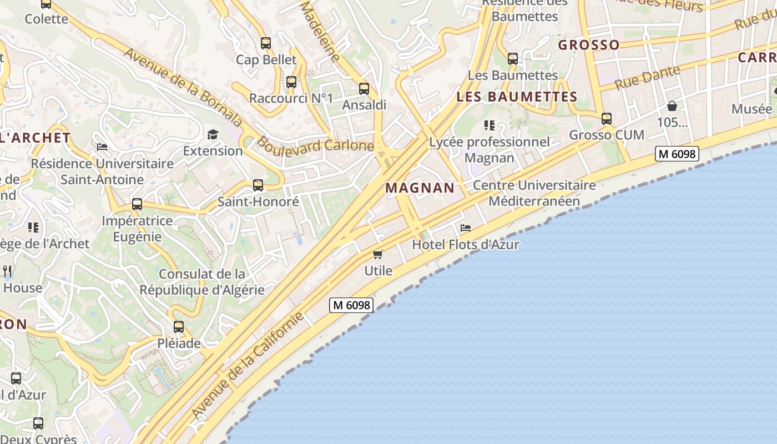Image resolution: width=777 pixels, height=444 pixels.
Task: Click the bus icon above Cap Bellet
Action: (x=266, y=43)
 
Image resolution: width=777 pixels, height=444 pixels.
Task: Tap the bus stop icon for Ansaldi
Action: (x=364, y=88)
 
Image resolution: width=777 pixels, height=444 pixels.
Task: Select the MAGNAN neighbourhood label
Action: (x=420, y=188)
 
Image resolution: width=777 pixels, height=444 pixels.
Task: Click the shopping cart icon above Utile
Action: (x=378, y=254)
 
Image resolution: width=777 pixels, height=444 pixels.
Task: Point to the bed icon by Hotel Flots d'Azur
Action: (x=466, y=228)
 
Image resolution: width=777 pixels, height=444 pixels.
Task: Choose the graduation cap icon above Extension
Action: (x=213, y=134)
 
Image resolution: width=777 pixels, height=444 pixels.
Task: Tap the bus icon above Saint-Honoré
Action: (x=258, y=185)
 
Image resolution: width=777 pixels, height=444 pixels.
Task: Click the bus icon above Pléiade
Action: (x=179, y=327)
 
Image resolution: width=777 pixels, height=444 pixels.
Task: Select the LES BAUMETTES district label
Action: (x=517, y=97)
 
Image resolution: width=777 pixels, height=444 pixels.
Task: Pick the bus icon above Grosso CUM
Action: (x=607, y=118)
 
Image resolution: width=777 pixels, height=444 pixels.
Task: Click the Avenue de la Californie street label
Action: (x=248, y=366)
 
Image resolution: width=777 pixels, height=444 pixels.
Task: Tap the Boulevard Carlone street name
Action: (x=315, y=145)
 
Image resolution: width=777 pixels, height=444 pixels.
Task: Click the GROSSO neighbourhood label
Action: (x=588, y=45)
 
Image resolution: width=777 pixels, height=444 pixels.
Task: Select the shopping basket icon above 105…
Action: (x=672, y=105)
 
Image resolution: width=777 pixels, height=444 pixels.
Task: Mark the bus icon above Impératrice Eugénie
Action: (x=137, y=204)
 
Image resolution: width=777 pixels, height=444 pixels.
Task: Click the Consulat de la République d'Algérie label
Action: (x=202, y=282)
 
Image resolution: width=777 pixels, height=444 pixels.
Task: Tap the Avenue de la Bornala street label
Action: (x=183, y=87)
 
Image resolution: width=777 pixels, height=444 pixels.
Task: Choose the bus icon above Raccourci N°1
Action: (x=291, y=82)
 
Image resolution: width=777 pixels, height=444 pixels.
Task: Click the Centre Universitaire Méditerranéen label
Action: (x=534, y=193)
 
